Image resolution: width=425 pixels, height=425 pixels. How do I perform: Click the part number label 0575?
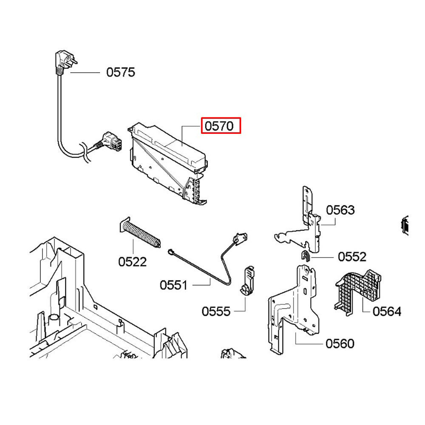pyautogui.click(x=121, y=72)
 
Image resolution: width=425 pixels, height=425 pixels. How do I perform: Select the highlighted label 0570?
pyautogui.click(x=219, y=126)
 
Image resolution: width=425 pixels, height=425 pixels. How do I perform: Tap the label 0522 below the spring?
pyautogui.click(x=133, y=262)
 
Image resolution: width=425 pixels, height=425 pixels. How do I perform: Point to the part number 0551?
pyautogui.click(x=174, y=285)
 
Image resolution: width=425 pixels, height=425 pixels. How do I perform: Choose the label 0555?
pyautogui.click(x=216, y=312)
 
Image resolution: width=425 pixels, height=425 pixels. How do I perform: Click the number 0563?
pyautogui.click(x=340, y=210)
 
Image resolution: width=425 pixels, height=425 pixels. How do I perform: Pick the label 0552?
pyautogui.click(x=352, y=257)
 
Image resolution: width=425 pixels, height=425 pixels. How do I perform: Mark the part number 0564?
pyautogui.click(x=387, y=312)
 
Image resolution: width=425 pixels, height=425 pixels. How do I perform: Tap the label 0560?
pyautogui.click(x=340, y=344)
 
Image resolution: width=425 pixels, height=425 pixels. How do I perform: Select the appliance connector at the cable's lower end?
pyautogui.click(x=110, y=142)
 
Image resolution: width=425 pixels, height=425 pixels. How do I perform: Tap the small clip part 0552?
pyautogui.click(x=306, y=255)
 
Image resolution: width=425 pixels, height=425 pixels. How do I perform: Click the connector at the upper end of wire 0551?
pyautogui.click(x=240, y=239)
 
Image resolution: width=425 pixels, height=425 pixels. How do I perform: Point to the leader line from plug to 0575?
pyautogui.click(x=85, y=73)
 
